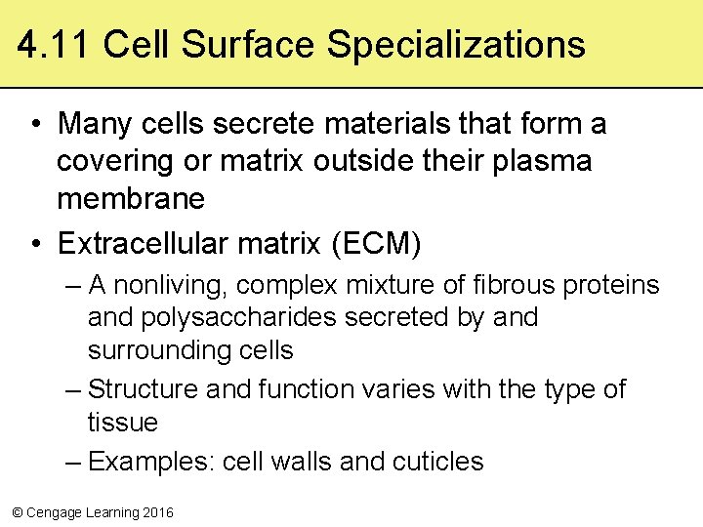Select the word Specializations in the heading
click(x=456, y=45)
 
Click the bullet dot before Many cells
click(x=35, y=125)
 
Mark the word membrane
click(x=131, y=199)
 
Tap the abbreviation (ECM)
click(x=376, y=244)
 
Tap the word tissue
click(x=123, y=423)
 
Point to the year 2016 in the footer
click(x=157, y=512)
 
